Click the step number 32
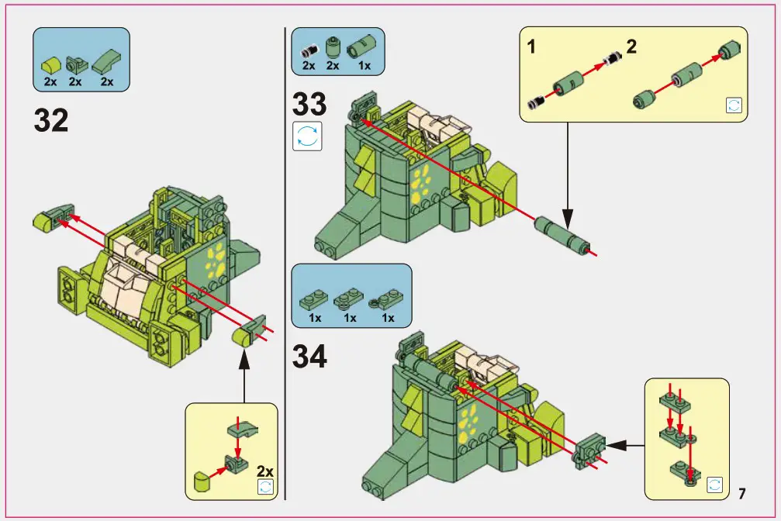click(51, 120)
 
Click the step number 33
click(309, 103)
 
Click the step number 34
click(309, 356)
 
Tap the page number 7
click(741, 493)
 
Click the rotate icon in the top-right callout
click(733, 105)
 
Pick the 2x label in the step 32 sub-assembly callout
click(264, 471)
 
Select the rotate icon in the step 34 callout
click(714, 485)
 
